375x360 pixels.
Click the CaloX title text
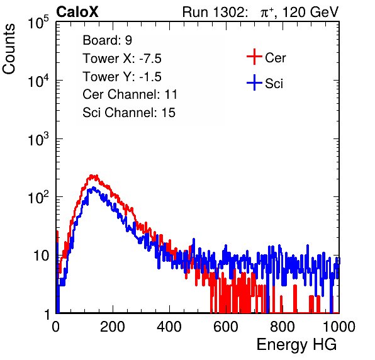click(x=77, y=12)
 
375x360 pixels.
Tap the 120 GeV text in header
click(x=311, y=12)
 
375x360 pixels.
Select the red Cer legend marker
click(x=254, y=57)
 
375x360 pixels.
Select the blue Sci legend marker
click(x=254, y=82)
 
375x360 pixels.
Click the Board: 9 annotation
click(x=108, y=40)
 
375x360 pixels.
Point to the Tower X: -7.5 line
click(x=122, y=59)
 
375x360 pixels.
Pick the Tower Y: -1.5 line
click(x=122, y=77)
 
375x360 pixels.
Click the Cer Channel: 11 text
click(x=130, y=94)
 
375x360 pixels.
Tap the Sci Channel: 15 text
click(x=129, y=113)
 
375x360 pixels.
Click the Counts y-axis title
click(x=9, y=49)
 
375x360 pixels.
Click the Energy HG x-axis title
click(x=296, y=345)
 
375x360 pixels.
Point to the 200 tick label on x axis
click(x=113, y=327)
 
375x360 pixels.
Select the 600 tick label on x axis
click(x=226, y=327)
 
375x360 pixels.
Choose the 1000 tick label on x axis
click(x=339, y=327)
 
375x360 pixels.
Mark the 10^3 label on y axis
click(x=38, y=140)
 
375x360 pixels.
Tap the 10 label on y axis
click(x=41, y=256)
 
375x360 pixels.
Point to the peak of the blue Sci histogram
click(x=92, y=188)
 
